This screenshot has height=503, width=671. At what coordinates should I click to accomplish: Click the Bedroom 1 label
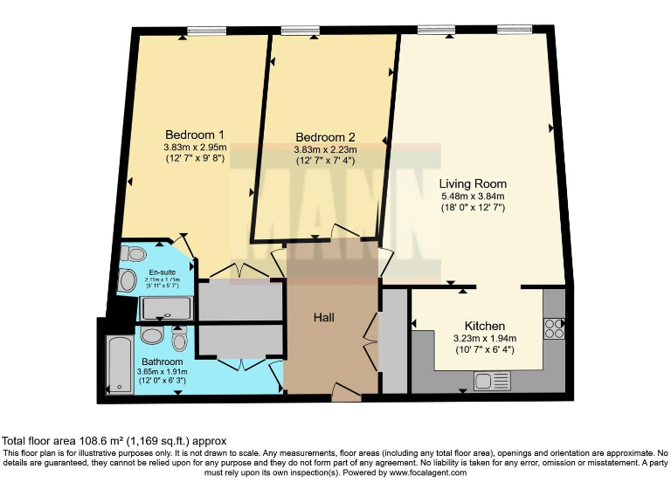tap(195, 135)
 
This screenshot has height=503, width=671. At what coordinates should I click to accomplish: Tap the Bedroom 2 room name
tap(325, 138)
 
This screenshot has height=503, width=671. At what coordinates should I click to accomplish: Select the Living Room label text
tap(473, 184)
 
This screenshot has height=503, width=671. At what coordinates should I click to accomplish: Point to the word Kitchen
tap(485, 326)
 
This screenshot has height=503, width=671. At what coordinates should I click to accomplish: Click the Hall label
tap(324, 317)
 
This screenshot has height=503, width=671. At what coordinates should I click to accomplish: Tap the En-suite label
tap(163, 272)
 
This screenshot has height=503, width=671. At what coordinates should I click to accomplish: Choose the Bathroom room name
tap(163, 362)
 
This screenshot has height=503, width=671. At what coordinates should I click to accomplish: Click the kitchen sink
tap(492, 380)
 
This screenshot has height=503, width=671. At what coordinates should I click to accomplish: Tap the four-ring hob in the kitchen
tap(554, 327)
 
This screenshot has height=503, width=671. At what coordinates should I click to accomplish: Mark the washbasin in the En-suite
tap(128, 280)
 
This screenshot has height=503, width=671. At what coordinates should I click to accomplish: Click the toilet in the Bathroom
tap(179, 338)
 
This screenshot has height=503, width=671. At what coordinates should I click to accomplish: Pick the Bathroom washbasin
tap(150, 336)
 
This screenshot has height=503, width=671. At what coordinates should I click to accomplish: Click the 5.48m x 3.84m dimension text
tap(473, 196)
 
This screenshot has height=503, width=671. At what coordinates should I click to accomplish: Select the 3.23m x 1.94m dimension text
tap(485, 339)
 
